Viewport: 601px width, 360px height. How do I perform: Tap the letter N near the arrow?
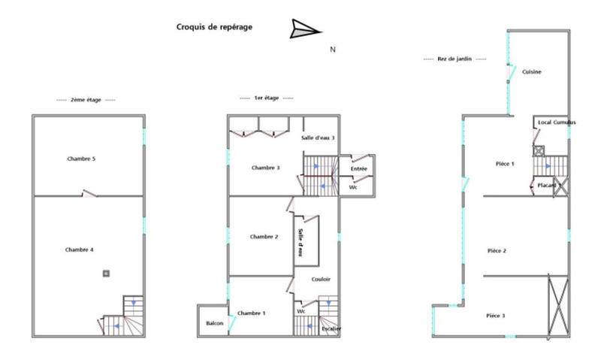click(333, 50)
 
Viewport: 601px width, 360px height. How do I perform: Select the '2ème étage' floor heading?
click(87, 99)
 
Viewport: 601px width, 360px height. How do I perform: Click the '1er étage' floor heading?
click(267, 98)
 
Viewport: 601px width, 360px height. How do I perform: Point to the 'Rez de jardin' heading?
click(455, 59)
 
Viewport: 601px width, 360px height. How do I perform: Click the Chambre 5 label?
click(80, 159)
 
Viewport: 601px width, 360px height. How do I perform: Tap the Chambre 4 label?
click(79, 250)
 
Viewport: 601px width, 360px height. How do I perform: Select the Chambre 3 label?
click(265, 168)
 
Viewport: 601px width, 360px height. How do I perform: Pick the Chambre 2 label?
click(264, 237)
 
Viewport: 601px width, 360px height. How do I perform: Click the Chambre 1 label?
click(252, 313)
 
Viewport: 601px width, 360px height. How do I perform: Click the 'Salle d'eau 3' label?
click(318, 138)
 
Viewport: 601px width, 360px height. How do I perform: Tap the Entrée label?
click(358, 169)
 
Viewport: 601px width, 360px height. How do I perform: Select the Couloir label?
click(321, 280)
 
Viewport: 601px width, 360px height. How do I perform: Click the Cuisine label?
click(532, 71)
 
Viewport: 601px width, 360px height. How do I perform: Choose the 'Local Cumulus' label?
click(557, 122)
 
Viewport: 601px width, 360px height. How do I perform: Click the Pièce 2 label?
click(497, 250)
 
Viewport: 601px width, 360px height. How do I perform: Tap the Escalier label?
click(331, 328)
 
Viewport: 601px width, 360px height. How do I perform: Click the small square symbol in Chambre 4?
click(106, 273)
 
